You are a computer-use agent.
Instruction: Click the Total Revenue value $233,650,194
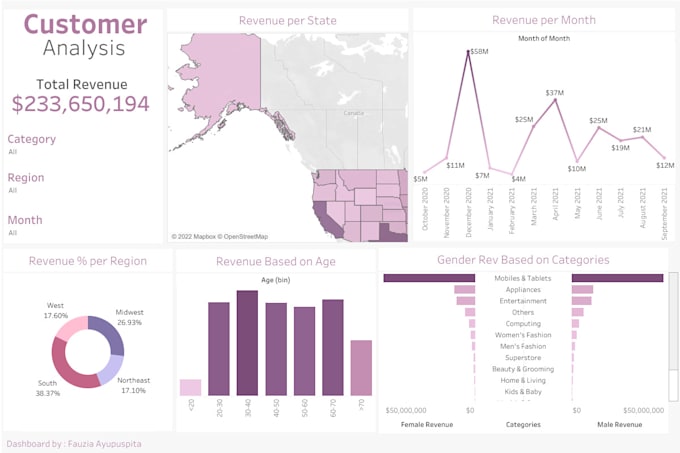click(81, 103)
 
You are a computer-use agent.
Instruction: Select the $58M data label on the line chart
click(478, 51)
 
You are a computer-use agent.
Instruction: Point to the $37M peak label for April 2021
click(554, 93)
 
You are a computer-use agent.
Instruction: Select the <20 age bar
click(190, 387)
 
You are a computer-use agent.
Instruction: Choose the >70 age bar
click(361, 368)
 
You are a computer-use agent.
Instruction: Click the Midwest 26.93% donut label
click(129, 318)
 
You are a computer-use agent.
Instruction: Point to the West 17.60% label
click(56, 309)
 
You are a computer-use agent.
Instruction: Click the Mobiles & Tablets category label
click(523, 278)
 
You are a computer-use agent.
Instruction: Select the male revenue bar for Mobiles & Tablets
click(617, 278)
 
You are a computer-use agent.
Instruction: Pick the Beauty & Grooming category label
click(523, 369)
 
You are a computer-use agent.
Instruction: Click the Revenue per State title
click(287, 20)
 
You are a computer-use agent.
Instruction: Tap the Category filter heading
click(31, 140)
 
